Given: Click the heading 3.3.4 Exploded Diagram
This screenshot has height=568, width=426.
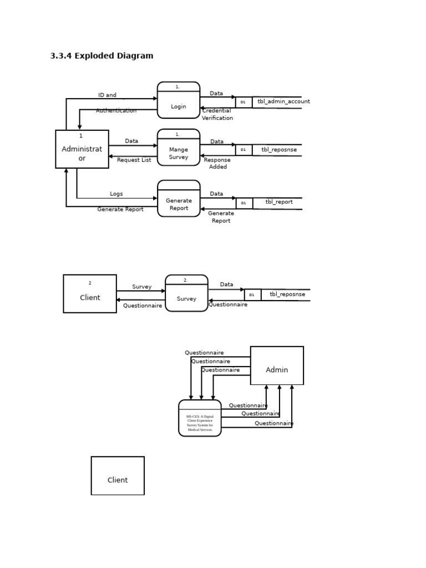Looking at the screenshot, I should (102, 56).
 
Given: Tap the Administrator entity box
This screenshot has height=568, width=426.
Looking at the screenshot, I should (82, 149).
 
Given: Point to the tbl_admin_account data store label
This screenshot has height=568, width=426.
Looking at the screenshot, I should (283, 102).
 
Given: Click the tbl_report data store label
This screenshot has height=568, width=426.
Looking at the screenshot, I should (279, 202).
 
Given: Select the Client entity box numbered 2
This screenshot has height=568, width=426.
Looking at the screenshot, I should (90, 294).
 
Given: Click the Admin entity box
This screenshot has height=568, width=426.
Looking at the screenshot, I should (277, 366).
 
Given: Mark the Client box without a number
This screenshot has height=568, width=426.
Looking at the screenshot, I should (118, 476).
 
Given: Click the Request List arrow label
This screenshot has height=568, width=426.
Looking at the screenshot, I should (134, 160).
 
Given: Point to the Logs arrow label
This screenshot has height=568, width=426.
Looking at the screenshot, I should (116, 194).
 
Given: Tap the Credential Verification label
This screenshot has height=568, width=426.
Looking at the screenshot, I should (217, 114).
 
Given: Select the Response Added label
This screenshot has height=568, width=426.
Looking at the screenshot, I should (217, 163).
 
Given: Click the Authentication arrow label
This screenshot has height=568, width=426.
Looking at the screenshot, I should (116, 111).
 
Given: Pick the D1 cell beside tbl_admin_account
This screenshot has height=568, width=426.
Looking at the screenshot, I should (243, 102).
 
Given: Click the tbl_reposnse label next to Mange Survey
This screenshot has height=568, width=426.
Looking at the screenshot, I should (279, 150).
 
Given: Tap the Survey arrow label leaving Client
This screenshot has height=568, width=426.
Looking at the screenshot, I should (141, 287).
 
